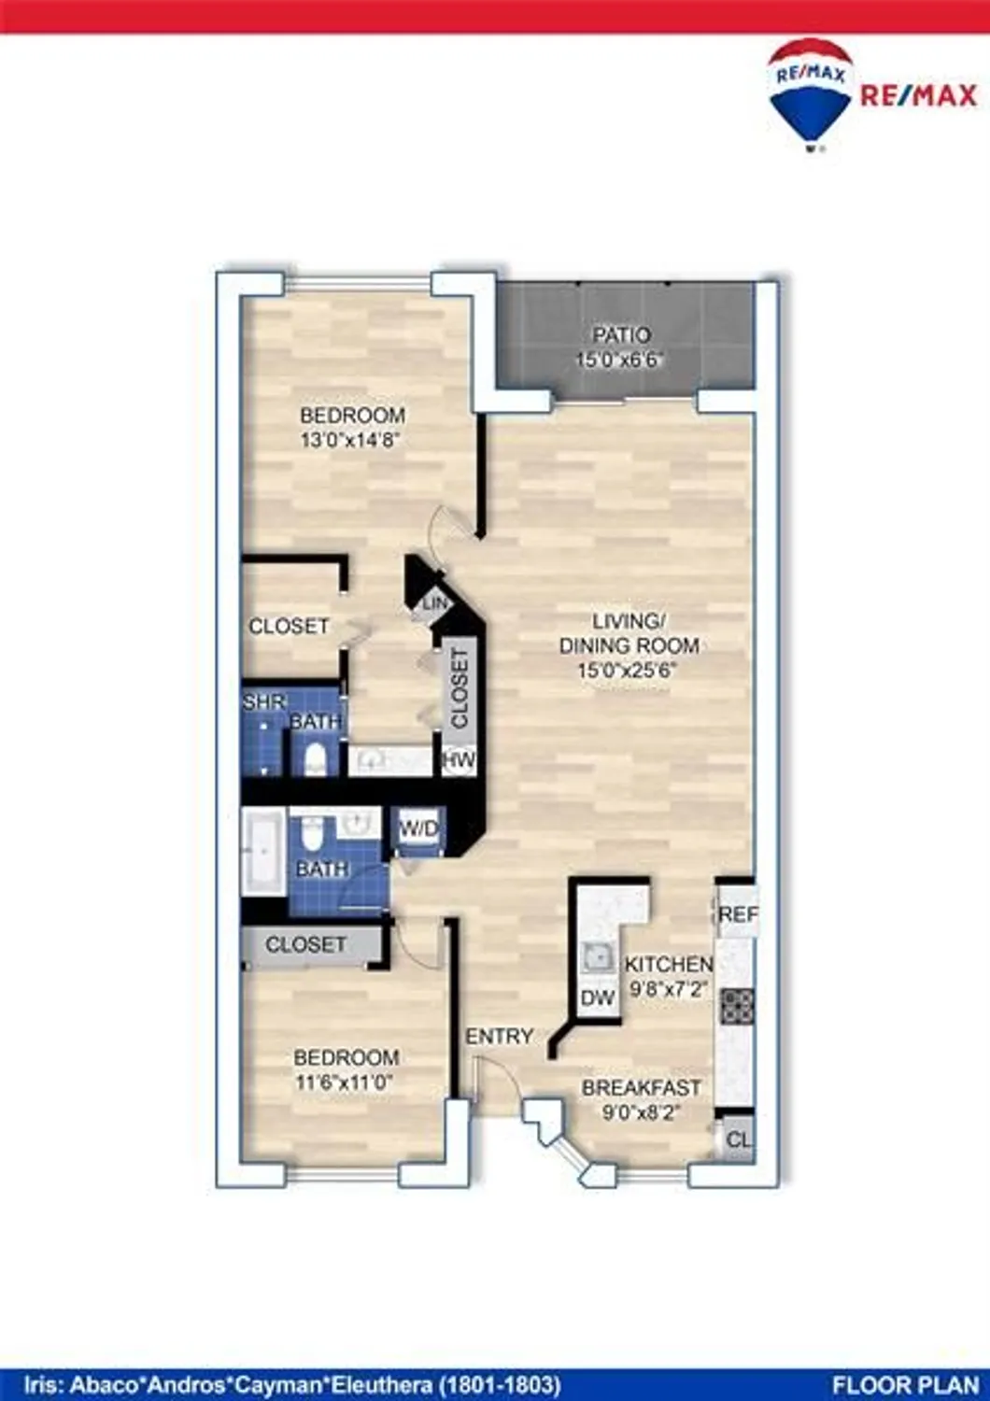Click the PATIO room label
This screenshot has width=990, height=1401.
pyautogui.click(x=621, y=334)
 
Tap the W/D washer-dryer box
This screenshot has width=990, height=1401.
pyautogui.click(x=418, y=828)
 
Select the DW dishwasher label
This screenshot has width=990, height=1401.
pyautogui.click(x=598, y=998)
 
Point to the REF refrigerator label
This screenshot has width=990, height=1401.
pyautogui.click(x=737, y=914)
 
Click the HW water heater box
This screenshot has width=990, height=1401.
pyautogui.click(x=459, y=760)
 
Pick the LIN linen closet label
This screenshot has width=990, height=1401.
pyautogui.click(x=435, y=604)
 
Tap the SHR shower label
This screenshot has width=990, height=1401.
pyautogui.click(x=264, y=701)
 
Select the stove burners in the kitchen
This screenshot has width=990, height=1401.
pyautogui.click(x=737, y=1005)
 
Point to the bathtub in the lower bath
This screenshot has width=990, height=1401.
pyautogui.click(x=263, y=852)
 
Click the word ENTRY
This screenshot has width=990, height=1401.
pyautogui.click(x=500, y=1036)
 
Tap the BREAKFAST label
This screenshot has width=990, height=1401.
pyautogui.click(x=641, y=1088)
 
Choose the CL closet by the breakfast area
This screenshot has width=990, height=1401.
pyautogui.click(x=738, y=1139)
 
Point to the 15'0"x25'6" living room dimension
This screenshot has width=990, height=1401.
pyautogui.click(x=626, y=670)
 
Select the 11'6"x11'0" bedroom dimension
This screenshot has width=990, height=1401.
pyautogui.click(x=346, y=1083)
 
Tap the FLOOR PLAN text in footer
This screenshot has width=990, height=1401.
pyautogui.click(x=904, y=1383)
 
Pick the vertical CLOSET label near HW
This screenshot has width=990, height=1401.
pyautogui.click(x=460, y=688)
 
